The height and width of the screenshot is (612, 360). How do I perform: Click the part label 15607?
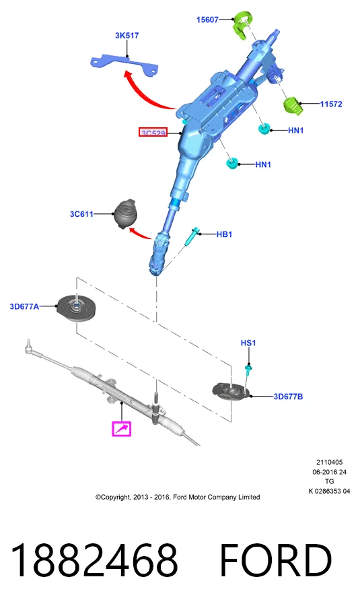pos(207,20)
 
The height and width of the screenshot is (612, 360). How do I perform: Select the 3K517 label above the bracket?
pos(127,36)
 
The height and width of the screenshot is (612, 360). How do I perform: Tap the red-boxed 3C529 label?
pos(153,133)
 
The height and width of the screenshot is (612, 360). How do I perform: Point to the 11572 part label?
pos(331,104)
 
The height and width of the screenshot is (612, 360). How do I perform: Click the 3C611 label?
pos(81,214)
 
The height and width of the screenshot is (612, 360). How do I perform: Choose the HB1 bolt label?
pos(224,234)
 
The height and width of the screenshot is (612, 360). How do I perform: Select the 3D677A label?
pos(24,306)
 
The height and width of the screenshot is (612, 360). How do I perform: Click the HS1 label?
pos(248,343)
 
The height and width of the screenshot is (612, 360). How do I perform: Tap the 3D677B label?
pos(288,397)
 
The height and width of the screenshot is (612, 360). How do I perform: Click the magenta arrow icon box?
pos(122,429)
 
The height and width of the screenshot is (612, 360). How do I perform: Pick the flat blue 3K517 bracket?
pos(124,63)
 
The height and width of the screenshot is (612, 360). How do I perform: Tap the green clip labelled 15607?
pos(242,26)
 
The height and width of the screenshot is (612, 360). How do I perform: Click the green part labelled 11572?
pos(293,106)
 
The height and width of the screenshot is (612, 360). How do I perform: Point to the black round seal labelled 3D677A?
pos(76,308)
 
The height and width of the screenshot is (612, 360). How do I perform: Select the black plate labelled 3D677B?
pos(231,393)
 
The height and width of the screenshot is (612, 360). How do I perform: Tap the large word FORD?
pos(276,560)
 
